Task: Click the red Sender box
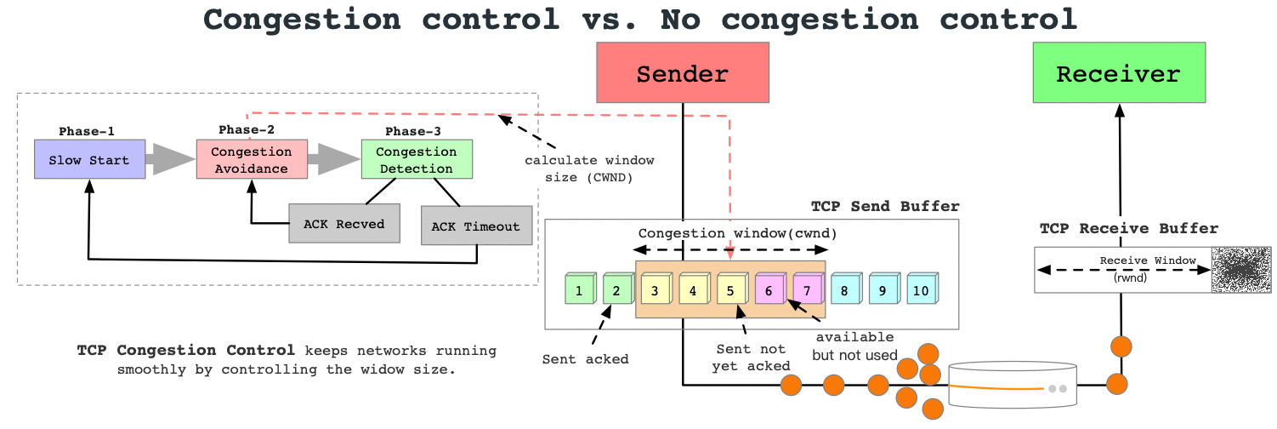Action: [x=682, y=74]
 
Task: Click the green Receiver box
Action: [x=1118, y=74]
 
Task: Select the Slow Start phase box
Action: [x=89, y=160]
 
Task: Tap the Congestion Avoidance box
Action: [x=251, y=160]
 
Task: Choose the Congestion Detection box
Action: [x=416, y=160]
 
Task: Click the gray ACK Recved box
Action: [x=343, y=224]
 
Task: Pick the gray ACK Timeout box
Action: [x=475, y=226]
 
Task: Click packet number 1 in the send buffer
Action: [x=579, y=290]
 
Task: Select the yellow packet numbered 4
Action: [x=693, y=290]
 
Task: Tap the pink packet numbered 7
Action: [x=807, y=290]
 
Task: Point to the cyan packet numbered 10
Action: [x=922, y=290]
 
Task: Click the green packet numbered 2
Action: [x=616, y=290]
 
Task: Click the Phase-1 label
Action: [x=87, y=131]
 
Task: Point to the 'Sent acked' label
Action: [x=585, y=359]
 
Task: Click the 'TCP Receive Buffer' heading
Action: [x=1128, y=228]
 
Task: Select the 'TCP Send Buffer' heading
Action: [x=884, y=206]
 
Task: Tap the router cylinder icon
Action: [x=1011, y=387]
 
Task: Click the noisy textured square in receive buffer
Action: [x=1240, y=271]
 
